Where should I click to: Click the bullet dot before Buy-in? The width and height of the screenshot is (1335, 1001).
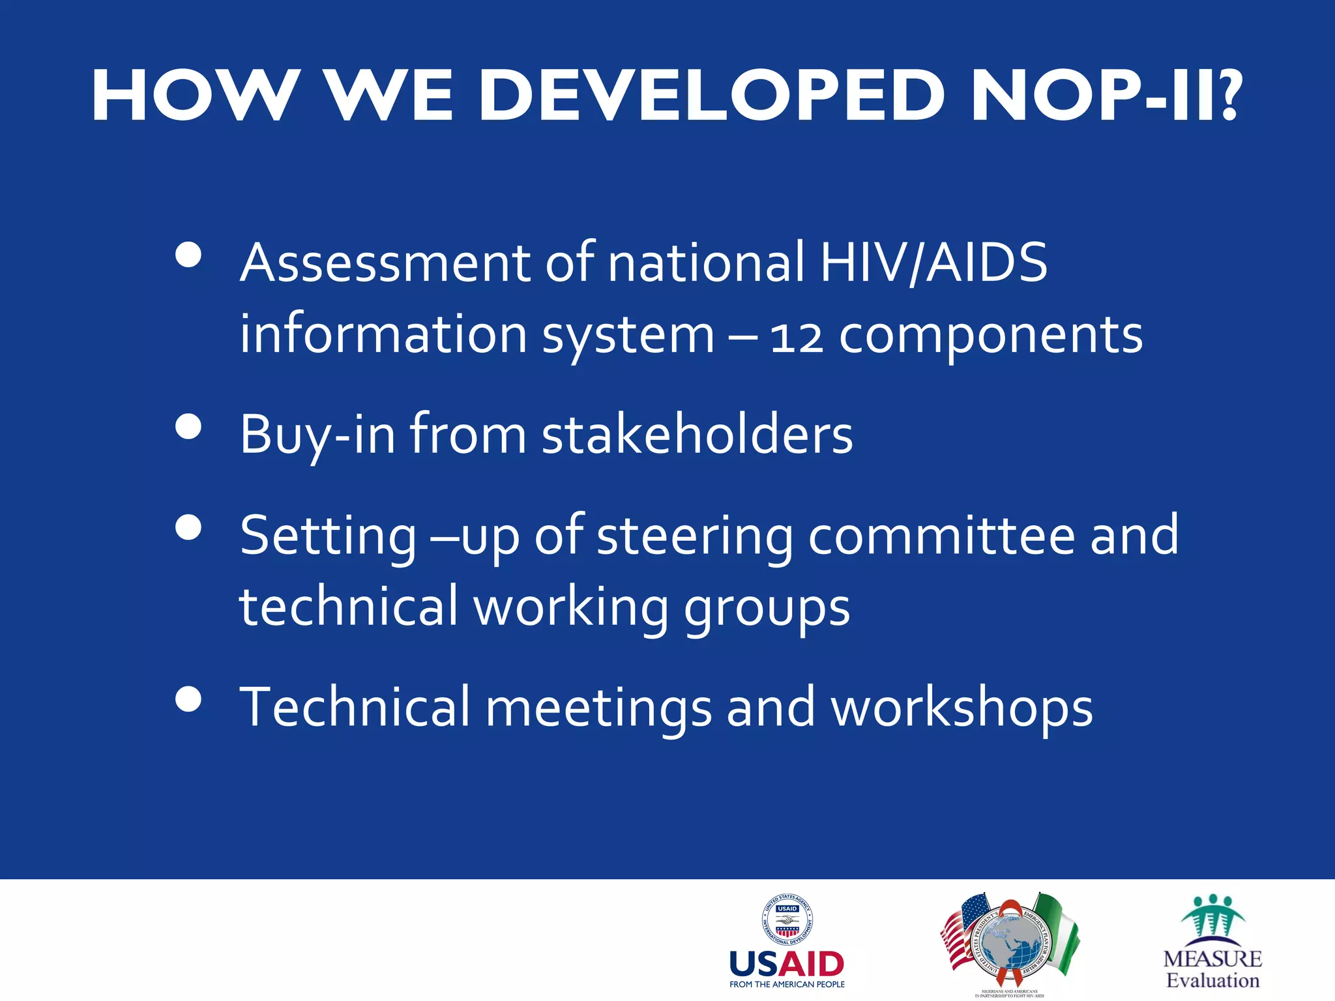tap(188, 427)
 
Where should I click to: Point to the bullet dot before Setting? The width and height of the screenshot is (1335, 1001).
tap(188, 527)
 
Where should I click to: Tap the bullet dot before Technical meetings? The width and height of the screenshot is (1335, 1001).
tap(188, 699)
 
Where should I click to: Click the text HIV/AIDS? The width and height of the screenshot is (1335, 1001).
tap(933, 262)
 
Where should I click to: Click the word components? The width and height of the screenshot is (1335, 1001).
tap(990, 336)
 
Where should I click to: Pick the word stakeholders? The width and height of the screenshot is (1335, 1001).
tap(697, 435)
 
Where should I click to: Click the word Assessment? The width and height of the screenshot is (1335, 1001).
tap(385, 262)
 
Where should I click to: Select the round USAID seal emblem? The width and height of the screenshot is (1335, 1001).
tap(787, 919)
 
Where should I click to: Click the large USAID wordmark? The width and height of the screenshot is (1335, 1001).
tap(787, 964)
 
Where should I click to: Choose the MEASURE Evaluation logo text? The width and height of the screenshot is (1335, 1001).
tap(1212, 969)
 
